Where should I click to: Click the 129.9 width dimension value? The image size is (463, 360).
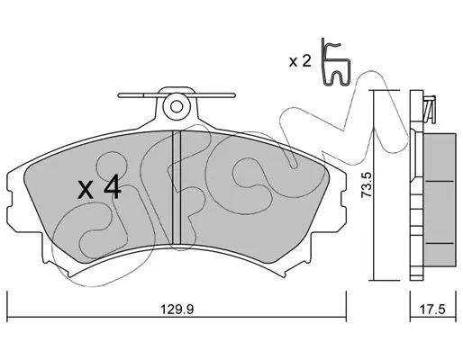[177, 310]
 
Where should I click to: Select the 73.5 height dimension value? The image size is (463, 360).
[367, 184]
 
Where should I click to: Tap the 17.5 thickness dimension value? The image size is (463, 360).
[433, 310]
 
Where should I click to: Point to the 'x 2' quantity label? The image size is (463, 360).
[300, 61]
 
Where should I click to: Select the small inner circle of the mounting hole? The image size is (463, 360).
[177, 106]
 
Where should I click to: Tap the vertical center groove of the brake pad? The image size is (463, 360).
[176, 187]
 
